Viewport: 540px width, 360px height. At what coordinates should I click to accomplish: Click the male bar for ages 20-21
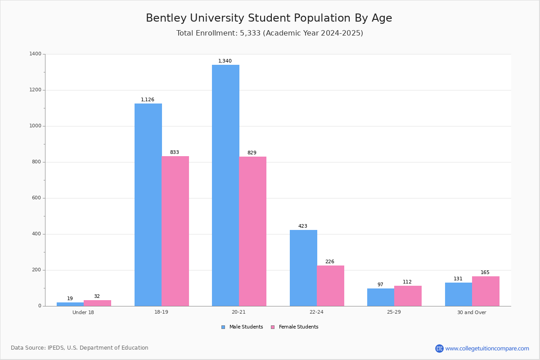225,185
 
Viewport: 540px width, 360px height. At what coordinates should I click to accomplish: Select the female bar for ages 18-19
175,231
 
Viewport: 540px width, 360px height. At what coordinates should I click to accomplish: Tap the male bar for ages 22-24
303,268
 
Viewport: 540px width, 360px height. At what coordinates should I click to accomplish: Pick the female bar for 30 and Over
486,291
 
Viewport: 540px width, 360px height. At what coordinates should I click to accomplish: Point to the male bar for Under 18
70,304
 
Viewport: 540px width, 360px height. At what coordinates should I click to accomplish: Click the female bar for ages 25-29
408,296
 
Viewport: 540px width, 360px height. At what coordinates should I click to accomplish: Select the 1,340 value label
225,61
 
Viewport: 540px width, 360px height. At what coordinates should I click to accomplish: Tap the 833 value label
175,153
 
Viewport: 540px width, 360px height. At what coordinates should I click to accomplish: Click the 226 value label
330,261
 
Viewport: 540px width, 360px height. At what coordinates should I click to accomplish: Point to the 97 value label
380,284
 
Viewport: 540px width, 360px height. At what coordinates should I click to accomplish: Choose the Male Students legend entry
242,327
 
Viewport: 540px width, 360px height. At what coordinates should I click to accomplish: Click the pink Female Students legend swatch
273,327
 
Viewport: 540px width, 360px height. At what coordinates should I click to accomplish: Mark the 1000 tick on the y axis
44,126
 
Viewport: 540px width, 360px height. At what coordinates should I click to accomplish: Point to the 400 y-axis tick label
36,234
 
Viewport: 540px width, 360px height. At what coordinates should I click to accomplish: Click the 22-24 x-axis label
316,312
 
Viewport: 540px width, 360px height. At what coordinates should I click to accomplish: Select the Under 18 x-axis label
83,312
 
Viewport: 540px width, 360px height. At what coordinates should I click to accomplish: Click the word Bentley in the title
166,18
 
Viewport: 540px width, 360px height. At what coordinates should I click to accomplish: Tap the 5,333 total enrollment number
250,33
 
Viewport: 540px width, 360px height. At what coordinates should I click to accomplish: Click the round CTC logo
439,348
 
